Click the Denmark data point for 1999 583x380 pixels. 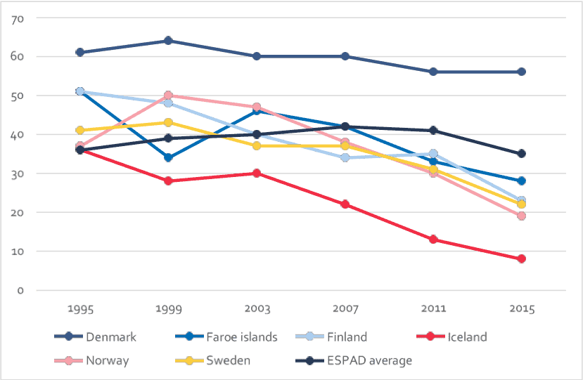click(168, 41)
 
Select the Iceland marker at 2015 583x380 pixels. click(521, 259)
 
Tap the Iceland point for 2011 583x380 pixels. click(433, 240)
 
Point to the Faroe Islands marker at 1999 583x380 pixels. click(168, 158)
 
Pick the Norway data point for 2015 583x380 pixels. click(521, 216)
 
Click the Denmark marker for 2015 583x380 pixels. click(521, 72)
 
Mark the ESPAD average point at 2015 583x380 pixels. click(521, 154)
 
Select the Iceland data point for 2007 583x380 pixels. click(345, 204)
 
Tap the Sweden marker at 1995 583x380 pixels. click(80, 131)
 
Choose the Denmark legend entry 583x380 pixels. click(110, 337)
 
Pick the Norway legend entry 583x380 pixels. click(106, 361)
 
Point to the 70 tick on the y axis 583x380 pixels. click(18, 18)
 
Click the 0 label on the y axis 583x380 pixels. click(21, 290)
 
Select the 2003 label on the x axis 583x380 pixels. click(256, 309)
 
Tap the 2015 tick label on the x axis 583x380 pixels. click(521, 309)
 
